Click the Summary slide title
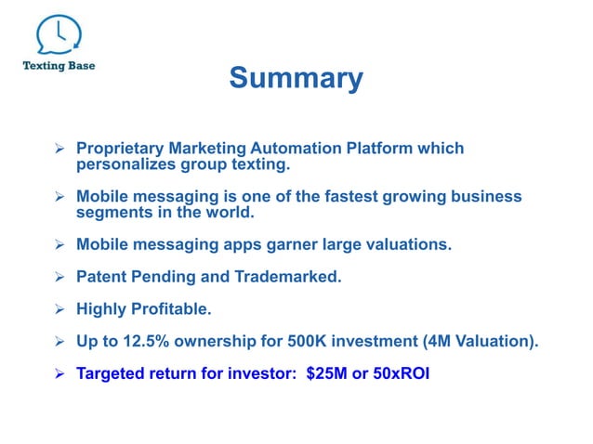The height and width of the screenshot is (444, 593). click(x=296, y=78)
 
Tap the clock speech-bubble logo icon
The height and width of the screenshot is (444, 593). click(x=58, y=35)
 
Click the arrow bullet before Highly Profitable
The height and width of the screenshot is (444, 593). click(x=58, y=308)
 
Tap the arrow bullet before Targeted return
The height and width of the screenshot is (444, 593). click(x=58, y=373)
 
